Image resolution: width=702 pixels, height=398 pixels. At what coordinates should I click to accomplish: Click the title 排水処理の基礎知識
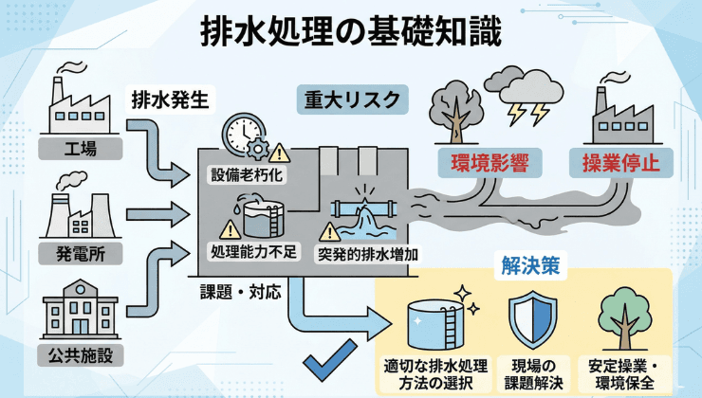click(x=351, y=30)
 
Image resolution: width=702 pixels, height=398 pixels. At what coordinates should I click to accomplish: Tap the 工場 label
click(x=79, y=148)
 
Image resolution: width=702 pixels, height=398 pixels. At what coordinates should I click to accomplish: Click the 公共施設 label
click(x=79, y=356)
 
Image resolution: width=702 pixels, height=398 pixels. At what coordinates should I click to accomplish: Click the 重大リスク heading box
click(x=350, y=99)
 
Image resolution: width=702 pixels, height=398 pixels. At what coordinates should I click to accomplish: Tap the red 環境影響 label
click(x=476, y=161)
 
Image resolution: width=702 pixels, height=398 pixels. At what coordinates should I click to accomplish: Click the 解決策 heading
click(x=529, y=266)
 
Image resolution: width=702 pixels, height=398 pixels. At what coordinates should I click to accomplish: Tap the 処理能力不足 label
click(x=254, y=253)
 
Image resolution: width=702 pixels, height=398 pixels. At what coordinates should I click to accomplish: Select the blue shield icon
click(x=531, y=319)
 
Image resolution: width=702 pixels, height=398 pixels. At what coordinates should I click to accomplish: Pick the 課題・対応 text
click(x=240, y=291)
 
